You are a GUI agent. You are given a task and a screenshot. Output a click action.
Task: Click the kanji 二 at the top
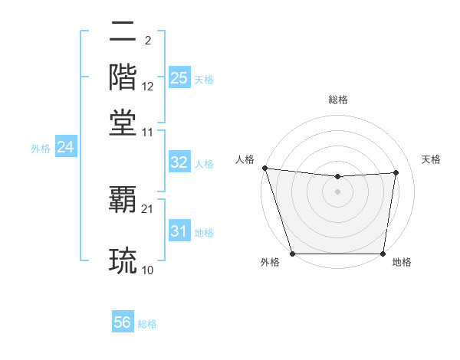tap(123, 32)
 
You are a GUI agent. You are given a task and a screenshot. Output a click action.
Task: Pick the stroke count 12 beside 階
tap(148, 86)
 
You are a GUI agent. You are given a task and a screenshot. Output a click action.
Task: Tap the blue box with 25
tap(179, 77)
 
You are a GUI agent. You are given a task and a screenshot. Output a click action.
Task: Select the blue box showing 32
tap(179, 162)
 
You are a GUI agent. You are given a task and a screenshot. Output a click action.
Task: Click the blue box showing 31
tap(179, 231)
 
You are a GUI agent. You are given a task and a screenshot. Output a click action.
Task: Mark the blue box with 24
tap(65, 147)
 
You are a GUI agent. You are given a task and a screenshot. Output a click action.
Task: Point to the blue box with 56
tap(123, 322)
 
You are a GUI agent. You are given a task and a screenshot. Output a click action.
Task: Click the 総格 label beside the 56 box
tap(147, 324)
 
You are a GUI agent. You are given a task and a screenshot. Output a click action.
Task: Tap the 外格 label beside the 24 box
tap(41, 149)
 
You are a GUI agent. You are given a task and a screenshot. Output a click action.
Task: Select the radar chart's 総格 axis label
tap(338, 100)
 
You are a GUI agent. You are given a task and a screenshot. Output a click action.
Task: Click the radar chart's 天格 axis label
tap(432, 159)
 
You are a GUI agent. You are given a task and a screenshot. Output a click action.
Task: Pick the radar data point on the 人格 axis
tap(264, 168)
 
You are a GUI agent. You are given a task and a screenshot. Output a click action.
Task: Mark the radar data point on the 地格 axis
tap(383, 254)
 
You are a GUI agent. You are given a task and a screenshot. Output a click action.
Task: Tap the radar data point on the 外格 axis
tap(293, 254)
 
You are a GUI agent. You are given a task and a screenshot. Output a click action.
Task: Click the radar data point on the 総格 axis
tap(338, 177)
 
